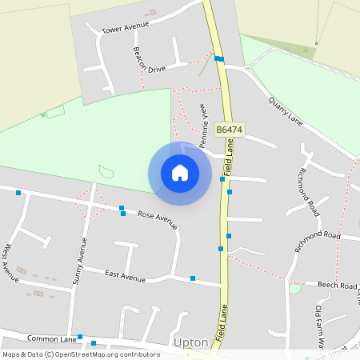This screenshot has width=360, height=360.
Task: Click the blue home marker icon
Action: tap(180, 173)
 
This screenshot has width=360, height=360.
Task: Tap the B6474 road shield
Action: tap(230, 129)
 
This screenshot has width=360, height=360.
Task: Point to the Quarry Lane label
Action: tap(286, 111)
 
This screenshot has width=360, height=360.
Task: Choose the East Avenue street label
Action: tap(126, 276)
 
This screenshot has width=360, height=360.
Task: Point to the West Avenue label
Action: tap(12, 263)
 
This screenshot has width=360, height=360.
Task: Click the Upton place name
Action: tap(190, 342)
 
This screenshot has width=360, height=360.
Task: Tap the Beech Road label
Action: tap(337, 286)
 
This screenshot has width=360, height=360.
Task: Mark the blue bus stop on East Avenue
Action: tap(193, 278)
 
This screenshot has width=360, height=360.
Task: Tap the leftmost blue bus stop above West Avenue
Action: tap(18, 193)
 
